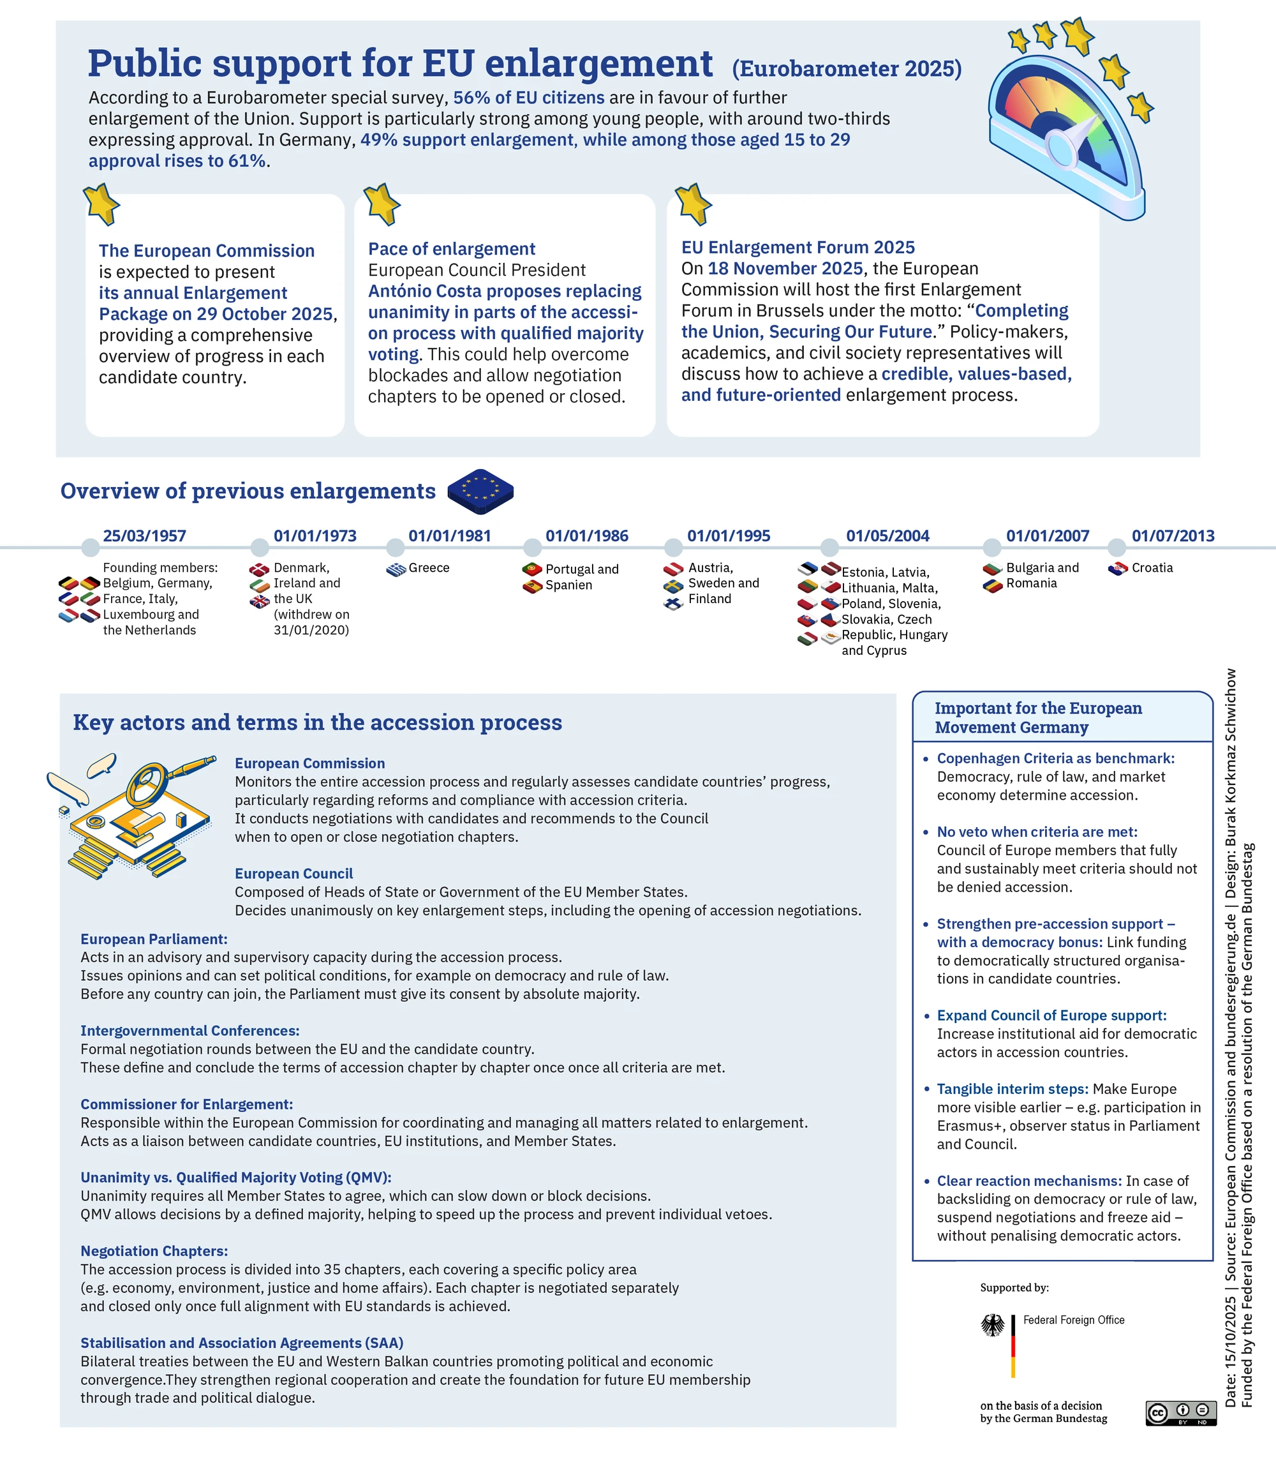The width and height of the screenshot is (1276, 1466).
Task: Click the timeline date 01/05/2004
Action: click(x=887, y=535)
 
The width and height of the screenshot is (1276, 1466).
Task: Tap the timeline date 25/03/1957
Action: click(x=145, y=535)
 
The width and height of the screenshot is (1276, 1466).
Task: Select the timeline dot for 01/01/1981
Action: click(x=395, y=547)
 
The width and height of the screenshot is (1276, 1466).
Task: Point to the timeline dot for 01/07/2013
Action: click(x=1116, y=547)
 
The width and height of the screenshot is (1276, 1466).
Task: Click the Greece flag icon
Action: click(x=397, y=569)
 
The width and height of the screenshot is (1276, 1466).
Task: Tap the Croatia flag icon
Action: click(x=1118, y=569)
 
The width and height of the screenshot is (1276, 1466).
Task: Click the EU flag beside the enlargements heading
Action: click(x=480, y=491)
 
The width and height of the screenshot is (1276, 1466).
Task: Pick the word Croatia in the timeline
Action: click(x=1152, y=568)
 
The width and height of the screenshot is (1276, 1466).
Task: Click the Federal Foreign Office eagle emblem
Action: click(x=993, y=1325)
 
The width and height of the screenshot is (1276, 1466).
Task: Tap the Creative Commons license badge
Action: click(x=1180, y=1413)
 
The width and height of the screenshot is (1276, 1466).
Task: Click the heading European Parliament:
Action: click(x=154, y=939)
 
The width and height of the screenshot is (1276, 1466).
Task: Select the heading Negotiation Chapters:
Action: click(x=154, y=1251)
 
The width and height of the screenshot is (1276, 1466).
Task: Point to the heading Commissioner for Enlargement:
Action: click(x=186, y=1104)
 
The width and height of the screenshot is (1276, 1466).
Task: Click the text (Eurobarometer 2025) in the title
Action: click(x=847, y=68)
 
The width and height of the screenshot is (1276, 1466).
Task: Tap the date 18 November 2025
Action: click(x=785, y=269)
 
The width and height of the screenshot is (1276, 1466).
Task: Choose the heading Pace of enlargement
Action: click(x=452, y=249)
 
